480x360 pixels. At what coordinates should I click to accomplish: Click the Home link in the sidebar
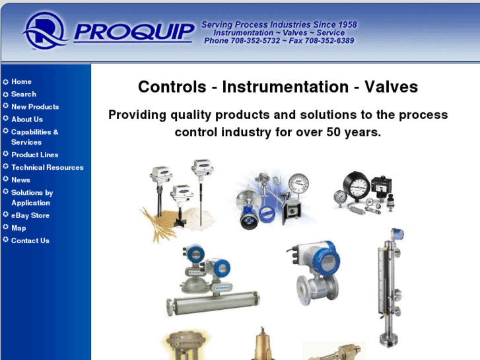21,81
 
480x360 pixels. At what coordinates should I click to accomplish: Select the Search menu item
23,94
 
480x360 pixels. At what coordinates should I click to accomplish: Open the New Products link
34,106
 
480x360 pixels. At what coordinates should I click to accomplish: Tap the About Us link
26,119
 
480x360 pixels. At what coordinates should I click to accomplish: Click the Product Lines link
34,155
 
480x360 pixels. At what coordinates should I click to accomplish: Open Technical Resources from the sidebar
47,167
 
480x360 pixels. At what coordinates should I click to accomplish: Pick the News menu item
20,180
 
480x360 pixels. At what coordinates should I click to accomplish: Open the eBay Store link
30,215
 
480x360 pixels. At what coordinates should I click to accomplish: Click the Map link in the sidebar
18,228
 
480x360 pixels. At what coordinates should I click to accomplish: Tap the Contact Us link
30,240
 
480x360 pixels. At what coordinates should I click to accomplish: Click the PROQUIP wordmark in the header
135,32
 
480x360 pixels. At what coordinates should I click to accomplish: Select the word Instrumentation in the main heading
285,87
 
